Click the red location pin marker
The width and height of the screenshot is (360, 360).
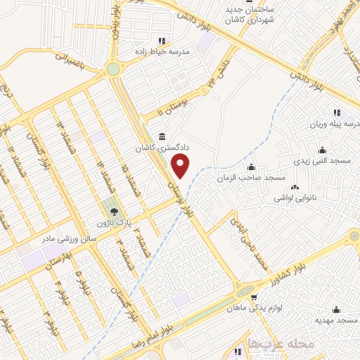click(x=181, y=167)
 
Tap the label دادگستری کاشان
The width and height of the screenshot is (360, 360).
click(x=157, y=149)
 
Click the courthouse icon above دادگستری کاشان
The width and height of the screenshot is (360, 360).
click(x=162, y=136)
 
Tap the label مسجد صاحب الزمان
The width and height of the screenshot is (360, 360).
click(x=250, y=178)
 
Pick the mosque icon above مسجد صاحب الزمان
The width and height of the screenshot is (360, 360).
click(x=251, y=167)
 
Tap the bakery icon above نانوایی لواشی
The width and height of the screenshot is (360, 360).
click(x=295, y=188)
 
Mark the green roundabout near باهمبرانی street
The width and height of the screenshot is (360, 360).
click(x=112, y=69)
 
